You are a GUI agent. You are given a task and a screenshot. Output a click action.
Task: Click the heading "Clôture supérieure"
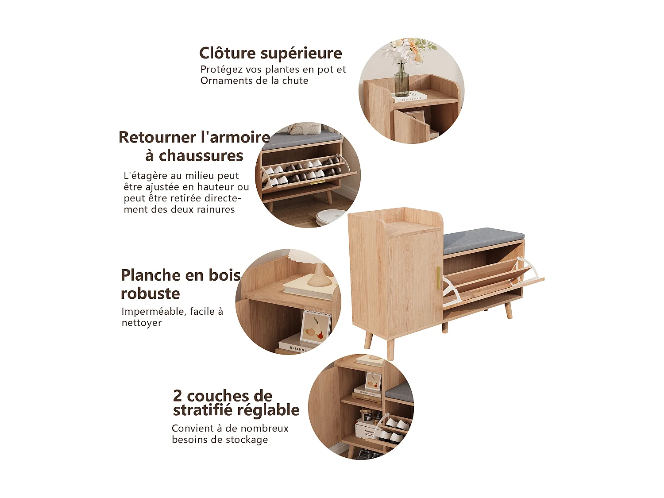[270, 53]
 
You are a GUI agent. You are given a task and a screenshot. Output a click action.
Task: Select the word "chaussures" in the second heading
[201, 156]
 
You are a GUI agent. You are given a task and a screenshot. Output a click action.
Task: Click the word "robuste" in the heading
[150, 293]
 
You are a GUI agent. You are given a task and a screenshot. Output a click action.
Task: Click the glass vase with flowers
[401, 80]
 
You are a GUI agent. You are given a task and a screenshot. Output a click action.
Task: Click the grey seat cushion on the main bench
[483, 239]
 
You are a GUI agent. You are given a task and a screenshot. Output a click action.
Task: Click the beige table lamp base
[317, 277]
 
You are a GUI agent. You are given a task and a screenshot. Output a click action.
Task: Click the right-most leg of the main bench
[508, 310]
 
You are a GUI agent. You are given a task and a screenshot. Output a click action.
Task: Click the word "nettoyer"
[142, 323]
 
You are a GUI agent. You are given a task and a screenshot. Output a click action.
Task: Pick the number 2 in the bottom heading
[178, 395]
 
